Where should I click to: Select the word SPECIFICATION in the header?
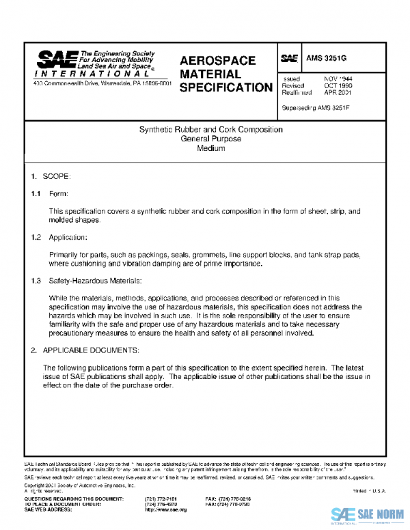pyautogui.click(x=225, y=87)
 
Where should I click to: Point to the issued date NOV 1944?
pyautogui.click(x=338, y=79)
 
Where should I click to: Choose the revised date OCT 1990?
pyautogui.click(x=338, y=85)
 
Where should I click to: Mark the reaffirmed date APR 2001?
pyautogui.click(x=338, y=92)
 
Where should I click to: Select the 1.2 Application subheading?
pyautogui.click(x=59, y=237)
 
